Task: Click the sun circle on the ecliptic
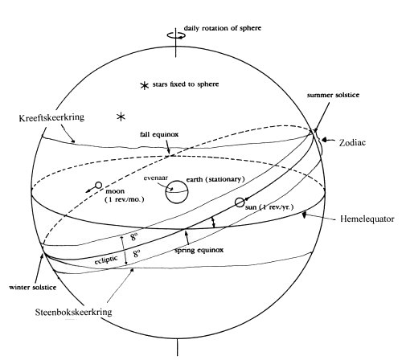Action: click(240, 202)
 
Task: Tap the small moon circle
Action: click(98, 185)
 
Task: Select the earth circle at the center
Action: click(177, 192)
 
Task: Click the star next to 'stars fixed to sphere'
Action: click(145, 85)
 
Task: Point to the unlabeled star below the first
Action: click(121, 117)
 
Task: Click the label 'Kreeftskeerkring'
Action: click(51, 117)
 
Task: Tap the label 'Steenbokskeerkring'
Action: click(73, 312)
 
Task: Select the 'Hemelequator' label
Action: click(367, 219)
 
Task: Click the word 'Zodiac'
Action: click(352, 142)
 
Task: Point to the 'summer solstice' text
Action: click(333, 95)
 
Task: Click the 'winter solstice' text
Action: click(33, 288)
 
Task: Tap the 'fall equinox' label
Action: click(159, 134)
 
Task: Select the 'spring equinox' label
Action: click(199, 250)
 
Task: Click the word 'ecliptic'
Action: click(106, 260)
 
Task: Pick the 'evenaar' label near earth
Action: click(156, 178)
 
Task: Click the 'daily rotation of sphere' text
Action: click(223, 28)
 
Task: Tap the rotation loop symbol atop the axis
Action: click(176, 35)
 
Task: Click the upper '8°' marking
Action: click(134, 236)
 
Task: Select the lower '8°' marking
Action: click(137, 253)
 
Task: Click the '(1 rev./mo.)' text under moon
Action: click(125, 199)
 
